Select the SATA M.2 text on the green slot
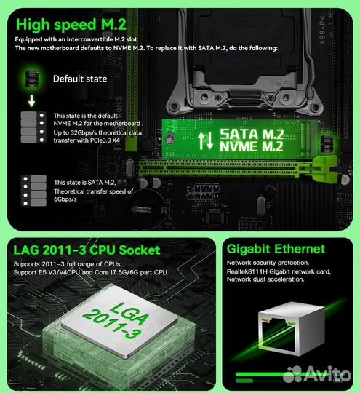(252, 134)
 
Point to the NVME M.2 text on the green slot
(252, 148)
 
